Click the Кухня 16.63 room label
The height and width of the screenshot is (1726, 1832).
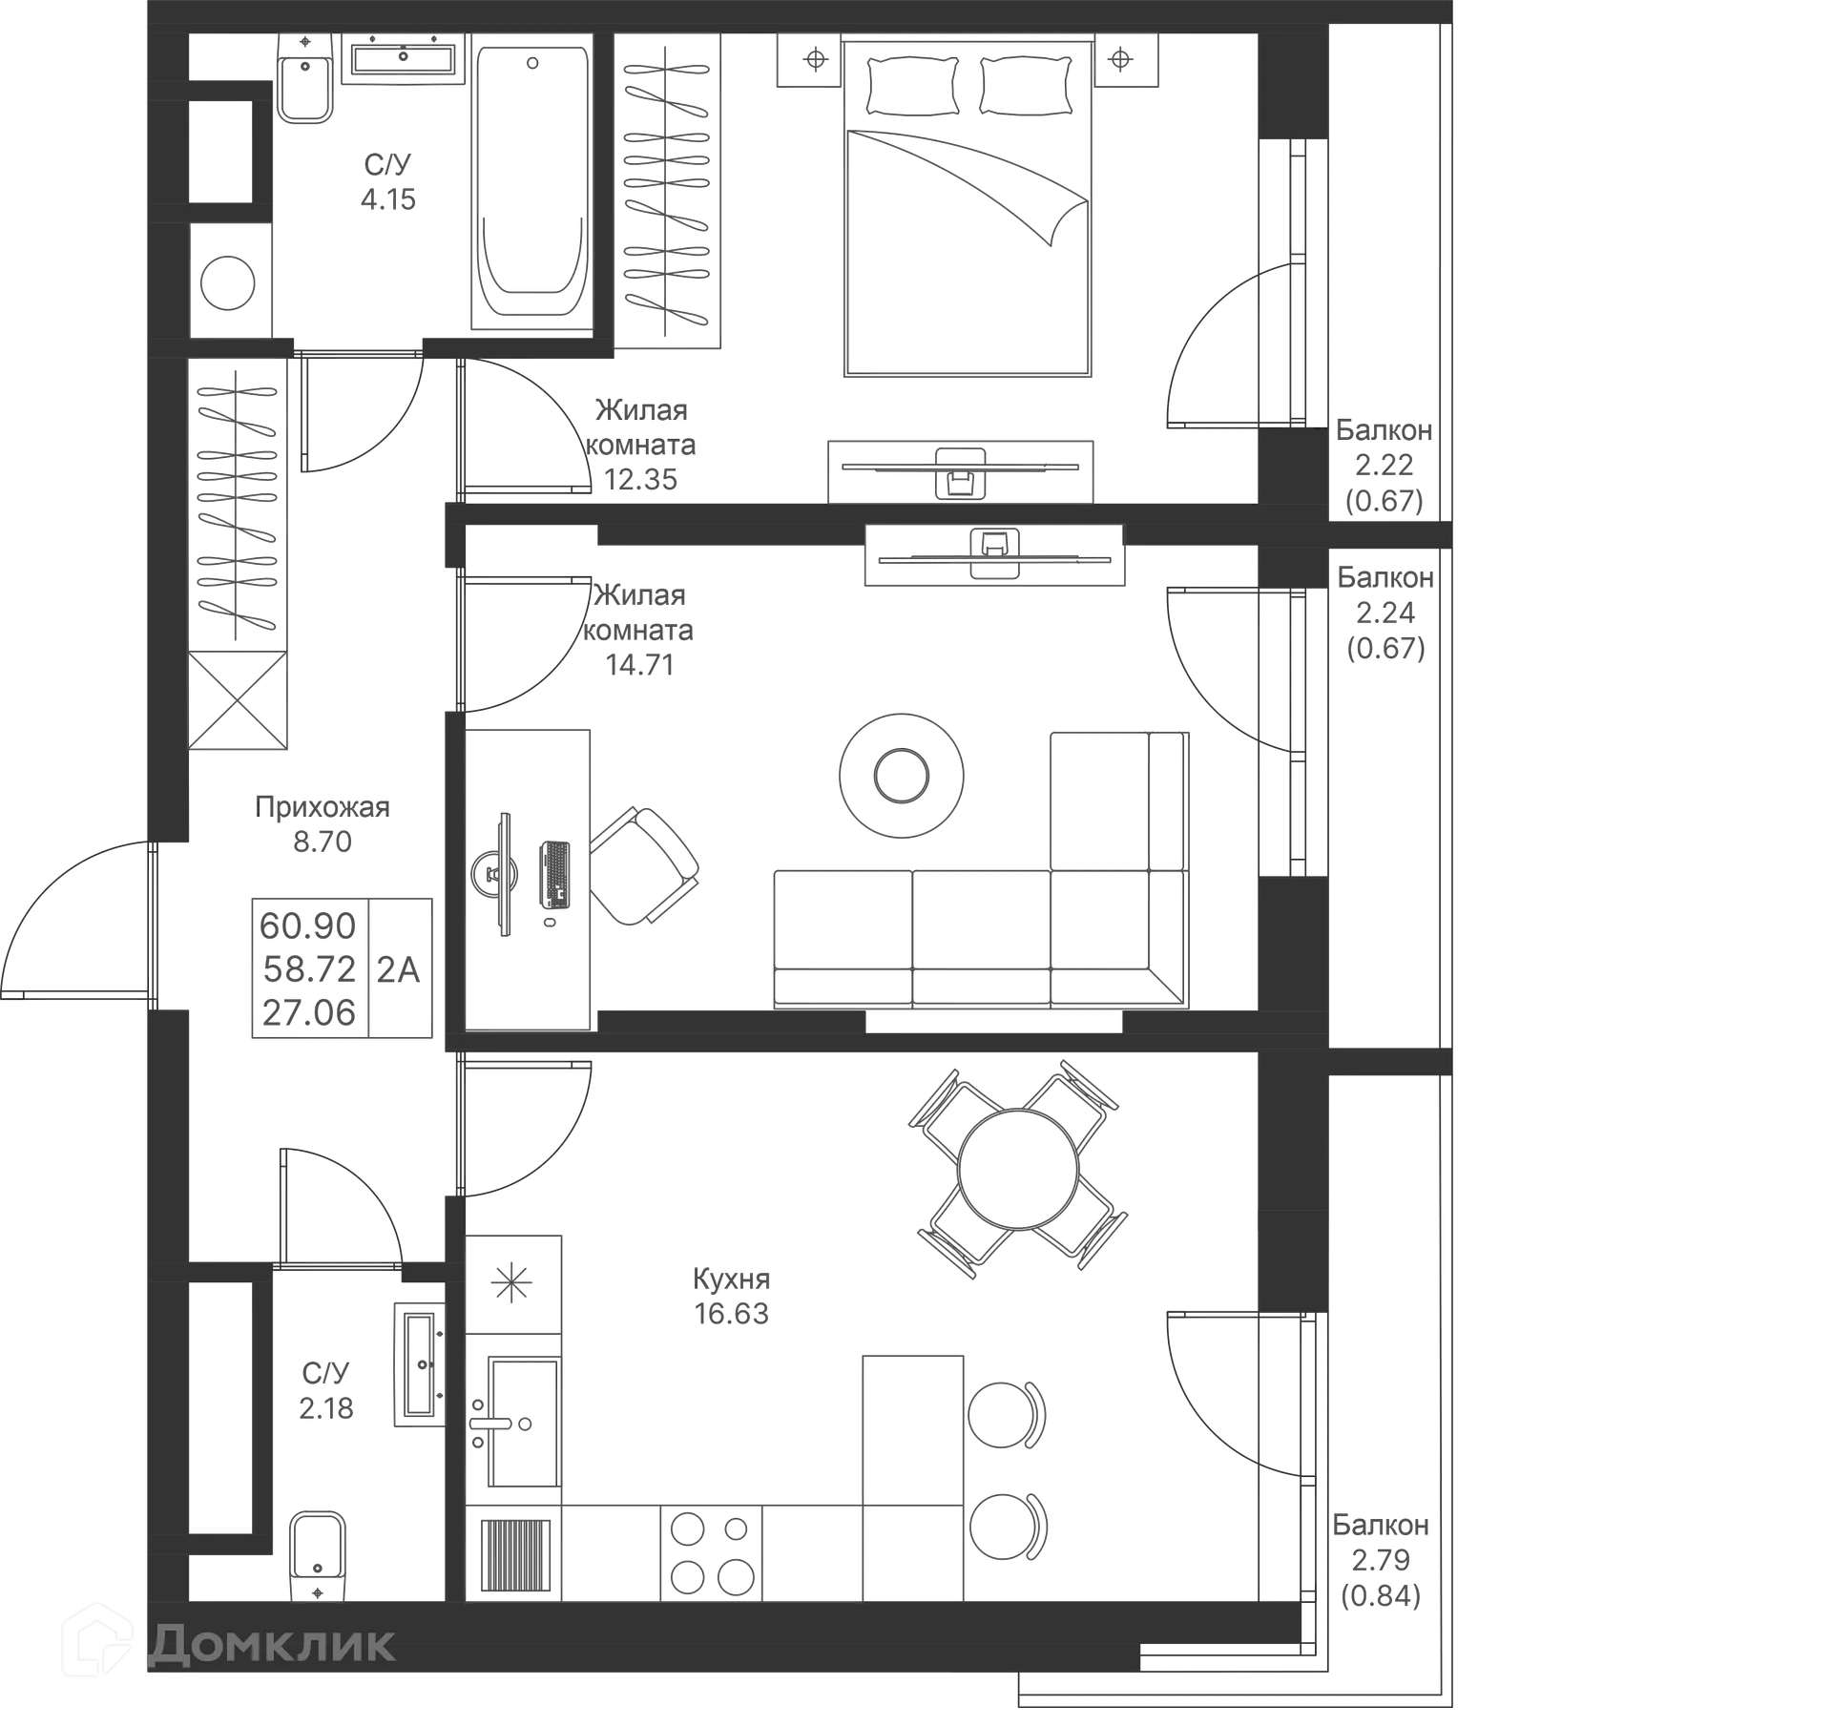click(x=730, y=1296)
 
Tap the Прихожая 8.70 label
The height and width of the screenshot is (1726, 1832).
click(x=323, y=823)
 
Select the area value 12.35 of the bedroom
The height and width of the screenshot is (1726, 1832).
click(x=641, y=479)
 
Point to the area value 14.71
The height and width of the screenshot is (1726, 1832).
click(x=641, y=664)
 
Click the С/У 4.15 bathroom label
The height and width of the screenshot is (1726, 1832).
click(x=388, y=181)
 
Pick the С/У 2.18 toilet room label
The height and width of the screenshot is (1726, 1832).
click(x=326, y=1391)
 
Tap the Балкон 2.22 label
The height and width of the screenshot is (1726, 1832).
click(x=1384, y=465)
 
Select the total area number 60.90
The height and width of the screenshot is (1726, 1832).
click(x=308, y=925)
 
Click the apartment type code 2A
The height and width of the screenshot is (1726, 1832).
click(x=399, y=969)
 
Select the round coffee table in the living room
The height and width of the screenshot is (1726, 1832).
click(x=900, y=775)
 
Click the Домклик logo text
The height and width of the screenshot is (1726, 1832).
click(x=272, y=1643)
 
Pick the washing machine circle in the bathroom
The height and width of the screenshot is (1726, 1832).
click(x=230, y=282)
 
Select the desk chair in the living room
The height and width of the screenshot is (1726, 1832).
click(x=644, y=865)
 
